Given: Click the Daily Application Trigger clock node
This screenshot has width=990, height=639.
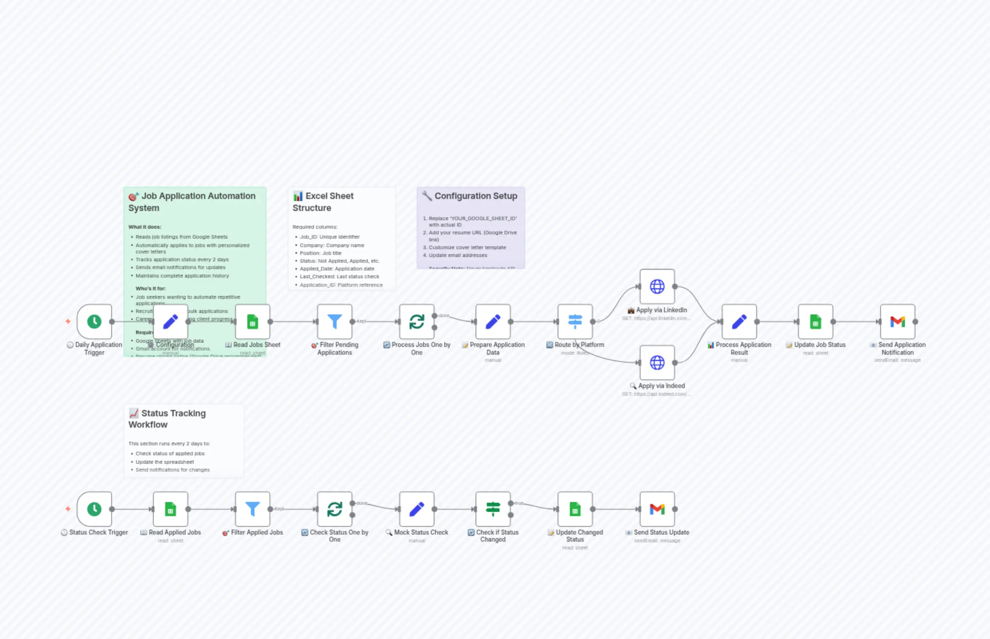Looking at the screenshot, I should pos(94,321).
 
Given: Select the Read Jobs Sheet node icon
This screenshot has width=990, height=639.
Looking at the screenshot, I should pos(253,321).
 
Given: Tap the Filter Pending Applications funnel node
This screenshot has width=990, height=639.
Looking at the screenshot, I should pos(335,321).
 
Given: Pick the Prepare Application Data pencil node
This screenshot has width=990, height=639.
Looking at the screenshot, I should pos(493,321).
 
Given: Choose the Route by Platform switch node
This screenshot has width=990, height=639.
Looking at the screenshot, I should pos(575,321).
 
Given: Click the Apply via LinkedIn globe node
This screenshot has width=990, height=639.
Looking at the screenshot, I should pos(657,286).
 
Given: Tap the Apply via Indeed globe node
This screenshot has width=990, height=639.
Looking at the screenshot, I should pos(657,363).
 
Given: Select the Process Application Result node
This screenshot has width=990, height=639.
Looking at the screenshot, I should pos(739,321).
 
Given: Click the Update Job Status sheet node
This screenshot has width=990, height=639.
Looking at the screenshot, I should pos(816,321).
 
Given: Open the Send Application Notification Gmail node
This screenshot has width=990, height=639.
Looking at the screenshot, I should pos(898,321).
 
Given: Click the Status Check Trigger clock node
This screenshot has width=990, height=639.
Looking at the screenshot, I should pos(94,509).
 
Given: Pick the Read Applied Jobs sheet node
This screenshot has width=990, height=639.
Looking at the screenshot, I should pos(170,509).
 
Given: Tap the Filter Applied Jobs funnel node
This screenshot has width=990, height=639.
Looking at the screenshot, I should pos(253,509).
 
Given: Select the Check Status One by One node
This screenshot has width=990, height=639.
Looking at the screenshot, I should pos(335,509).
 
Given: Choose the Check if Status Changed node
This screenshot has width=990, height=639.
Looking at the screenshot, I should pos(493,509).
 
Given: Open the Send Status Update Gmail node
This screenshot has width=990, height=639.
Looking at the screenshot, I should pos(657,509).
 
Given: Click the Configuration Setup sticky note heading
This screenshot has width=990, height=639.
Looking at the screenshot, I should pos(476,196).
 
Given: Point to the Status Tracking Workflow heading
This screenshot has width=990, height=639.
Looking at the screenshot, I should pos(167,419).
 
